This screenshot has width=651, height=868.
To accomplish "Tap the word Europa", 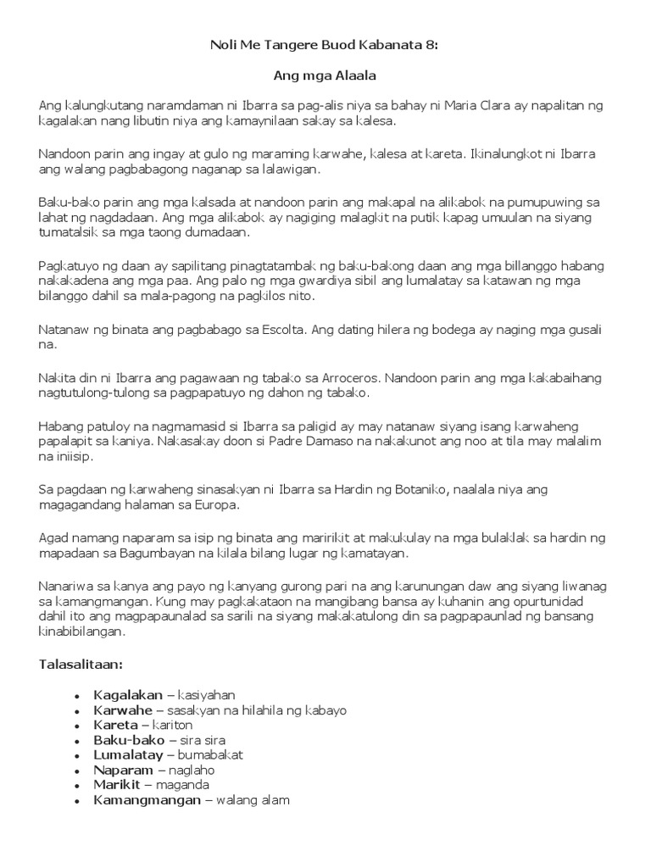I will (x=219, y=504).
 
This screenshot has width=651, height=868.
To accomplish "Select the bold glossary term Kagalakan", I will (x=128, y=695).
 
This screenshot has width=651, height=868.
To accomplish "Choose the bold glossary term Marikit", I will (x=117, y=784).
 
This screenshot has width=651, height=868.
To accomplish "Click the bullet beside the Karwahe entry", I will (x=77, y=710).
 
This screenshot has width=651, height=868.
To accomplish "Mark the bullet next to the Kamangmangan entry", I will (x=77, y=799).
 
